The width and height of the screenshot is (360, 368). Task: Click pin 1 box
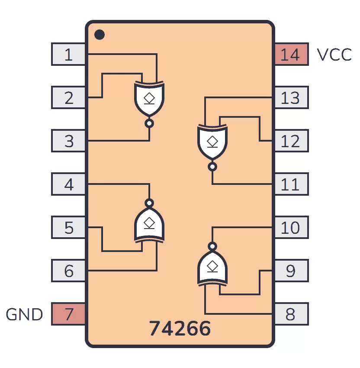[68, 54]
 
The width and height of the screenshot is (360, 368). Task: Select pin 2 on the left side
[68, 97]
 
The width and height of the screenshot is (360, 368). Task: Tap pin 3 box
[68, 141]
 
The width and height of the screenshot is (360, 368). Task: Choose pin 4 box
[68, 184]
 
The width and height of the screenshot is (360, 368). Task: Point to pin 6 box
[68, 271]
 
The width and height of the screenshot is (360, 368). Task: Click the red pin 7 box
[68, 314]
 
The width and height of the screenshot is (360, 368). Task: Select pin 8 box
[292, 314]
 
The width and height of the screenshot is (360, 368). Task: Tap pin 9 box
[292, 271]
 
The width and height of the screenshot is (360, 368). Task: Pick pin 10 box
[292, 227]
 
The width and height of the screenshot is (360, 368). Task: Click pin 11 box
[292, 184]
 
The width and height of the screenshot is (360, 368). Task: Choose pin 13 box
[292, 97]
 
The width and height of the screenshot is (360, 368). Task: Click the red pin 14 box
[292, 54]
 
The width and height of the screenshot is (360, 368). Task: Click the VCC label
[334, 55]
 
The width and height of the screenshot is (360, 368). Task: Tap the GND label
[24, 314]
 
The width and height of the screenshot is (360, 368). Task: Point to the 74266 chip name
[180, 328]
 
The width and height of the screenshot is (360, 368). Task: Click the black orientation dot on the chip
[100, 35]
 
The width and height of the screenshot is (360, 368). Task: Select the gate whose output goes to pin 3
[149, 101]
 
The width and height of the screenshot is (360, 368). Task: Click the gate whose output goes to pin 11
[212, 145]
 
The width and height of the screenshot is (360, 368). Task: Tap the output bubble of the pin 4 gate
[149, 203]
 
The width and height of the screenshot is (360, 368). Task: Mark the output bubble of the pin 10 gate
[212, 246]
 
